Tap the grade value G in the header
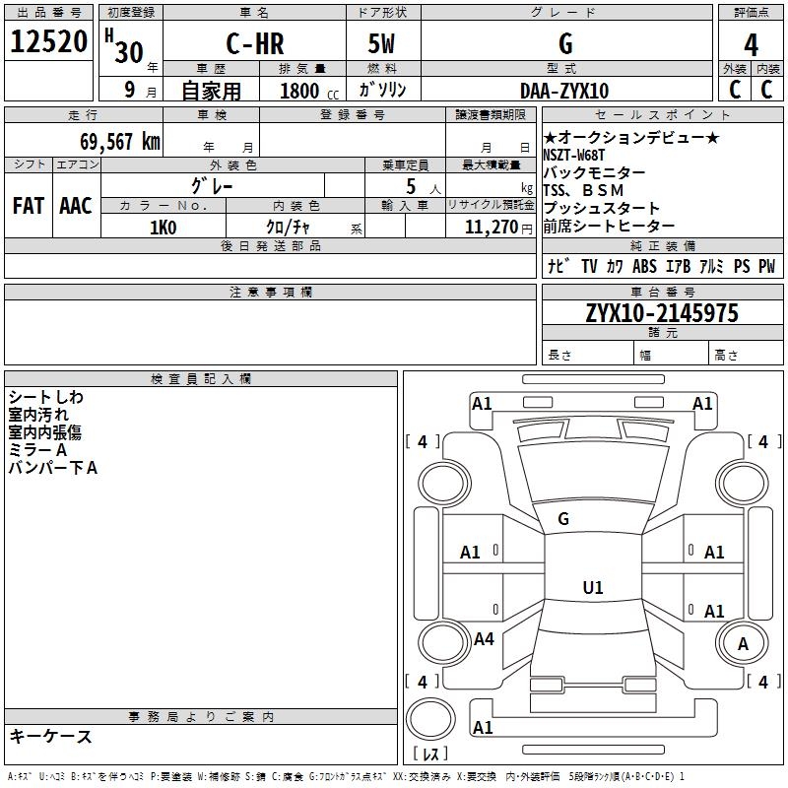[565, 44]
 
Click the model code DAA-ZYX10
[564, 91]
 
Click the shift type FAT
[29, 205]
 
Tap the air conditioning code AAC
[76, 205]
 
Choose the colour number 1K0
[163, 228]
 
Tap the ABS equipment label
[644, 266]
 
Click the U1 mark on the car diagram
[592, 588]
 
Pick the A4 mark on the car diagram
[484, 639]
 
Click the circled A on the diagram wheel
[744, 644]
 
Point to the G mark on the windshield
[564, 519]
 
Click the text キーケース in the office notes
[50, 736]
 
